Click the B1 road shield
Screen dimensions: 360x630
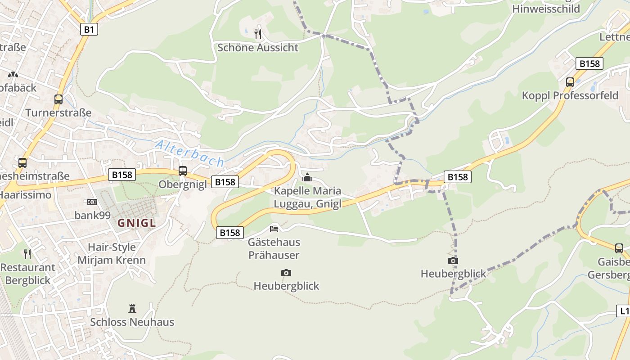pyautogui.click(x=89, y=30)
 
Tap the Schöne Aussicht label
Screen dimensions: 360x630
pyautogui.click(x=258, y=48)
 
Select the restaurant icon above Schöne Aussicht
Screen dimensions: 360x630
pyautogui.click(x=258, y=34)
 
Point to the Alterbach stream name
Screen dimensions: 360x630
pyautogui.click(x=189, y=153)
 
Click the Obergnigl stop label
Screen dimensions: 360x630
pyautogui.click(x=182, y=184)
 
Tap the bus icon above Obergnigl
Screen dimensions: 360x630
pyautogui.click(x=182, y=171)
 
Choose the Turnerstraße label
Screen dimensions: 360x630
pyautogui.click(x=58, y=112)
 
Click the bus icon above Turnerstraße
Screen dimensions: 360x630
pyautogui.click(x=58, y=99)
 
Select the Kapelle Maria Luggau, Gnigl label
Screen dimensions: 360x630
pyautogui.click(x=308, y=197)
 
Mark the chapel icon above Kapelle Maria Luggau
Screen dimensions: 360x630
pyautogui.click(x=307, y=177)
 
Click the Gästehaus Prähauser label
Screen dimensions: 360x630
pyautogui.click(x=274, y=248)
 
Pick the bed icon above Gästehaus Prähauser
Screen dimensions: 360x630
pyautogui.click(x=274, y=229)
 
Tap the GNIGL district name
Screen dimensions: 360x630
pyautogui.click(x=137, y=223)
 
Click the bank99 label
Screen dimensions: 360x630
pyautogui.click(x=92, y=215)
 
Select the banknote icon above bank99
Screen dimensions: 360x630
pyautogui.click(x=92, y=202)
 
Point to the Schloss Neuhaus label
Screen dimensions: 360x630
pyautogui.click(x=132, y=322)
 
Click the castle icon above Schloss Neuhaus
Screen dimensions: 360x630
pyautogui.click(x=132, y=309)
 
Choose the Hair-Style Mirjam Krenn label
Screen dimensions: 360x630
pyautogui.click(x=112, y=253)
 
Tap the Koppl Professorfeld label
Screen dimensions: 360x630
pyautogui.click(x=570, y=95)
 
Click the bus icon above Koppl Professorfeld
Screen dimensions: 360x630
pyautogui.click(x=570, y=82)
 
